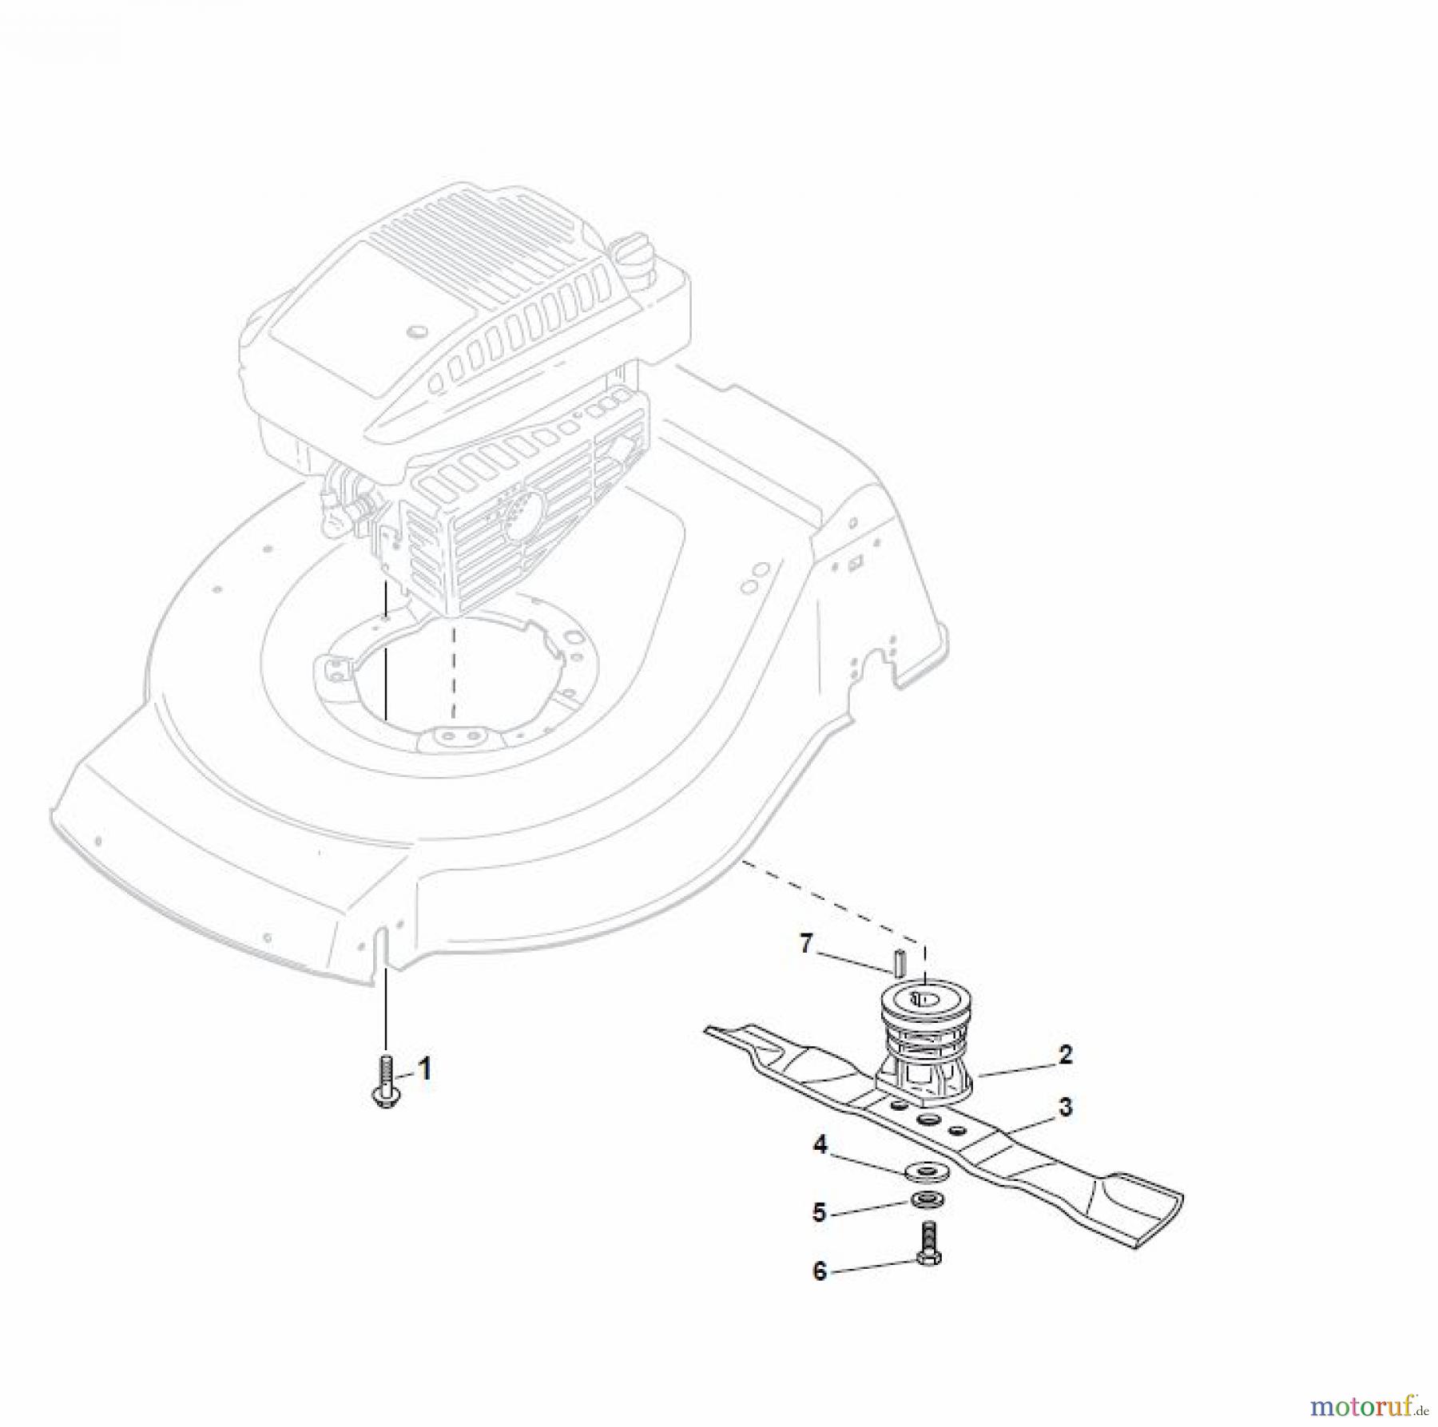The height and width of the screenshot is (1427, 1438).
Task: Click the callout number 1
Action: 425,1068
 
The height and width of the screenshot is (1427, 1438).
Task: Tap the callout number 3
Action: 1065,1108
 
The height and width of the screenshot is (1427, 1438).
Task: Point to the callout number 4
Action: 820,1144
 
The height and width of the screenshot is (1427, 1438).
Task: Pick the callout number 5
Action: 819,1212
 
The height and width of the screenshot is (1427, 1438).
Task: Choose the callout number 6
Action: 819,1270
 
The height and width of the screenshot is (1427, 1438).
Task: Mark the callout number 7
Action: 805,945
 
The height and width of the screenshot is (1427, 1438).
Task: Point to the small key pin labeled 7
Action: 897,961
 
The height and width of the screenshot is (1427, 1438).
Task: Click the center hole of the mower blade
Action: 927,1120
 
